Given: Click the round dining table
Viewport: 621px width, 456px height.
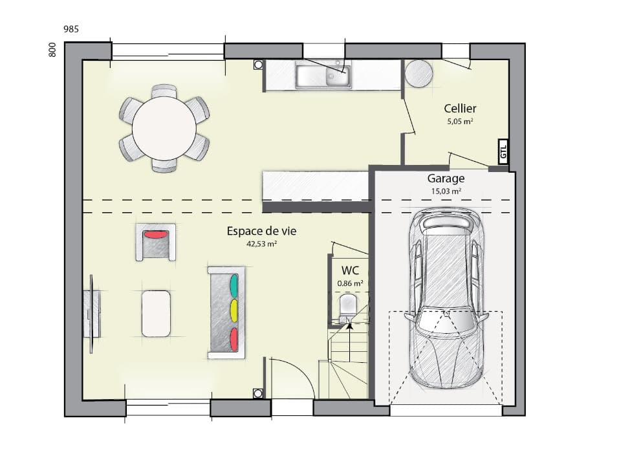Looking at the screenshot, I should click(164, 128).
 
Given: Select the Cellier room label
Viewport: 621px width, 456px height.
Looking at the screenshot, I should click(460, 109).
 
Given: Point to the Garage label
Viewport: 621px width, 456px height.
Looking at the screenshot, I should click(445, 179).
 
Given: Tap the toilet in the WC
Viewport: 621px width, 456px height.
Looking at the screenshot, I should click(347, 306).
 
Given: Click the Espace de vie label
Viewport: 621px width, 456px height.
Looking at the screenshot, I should click(261, 231).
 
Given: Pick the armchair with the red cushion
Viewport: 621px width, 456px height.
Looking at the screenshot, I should click(155, 242).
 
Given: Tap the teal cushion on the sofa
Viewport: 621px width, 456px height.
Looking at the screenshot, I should click(234, 285).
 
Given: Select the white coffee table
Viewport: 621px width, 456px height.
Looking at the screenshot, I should click(156, 313).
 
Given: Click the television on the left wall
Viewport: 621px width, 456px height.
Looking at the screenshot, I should click(91, 314).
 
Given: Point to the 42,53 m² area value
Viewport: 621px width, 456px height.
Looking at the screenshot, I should click(261, 244).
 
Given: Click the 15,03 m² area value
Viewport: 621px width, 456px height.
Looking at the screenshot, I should click(446, 191).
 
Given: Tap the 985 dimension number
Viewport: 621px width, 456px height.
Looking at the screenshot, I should click(71, 29).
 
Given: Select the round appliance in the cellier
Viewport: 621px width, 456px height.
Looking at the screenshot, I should click(419, 73).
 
